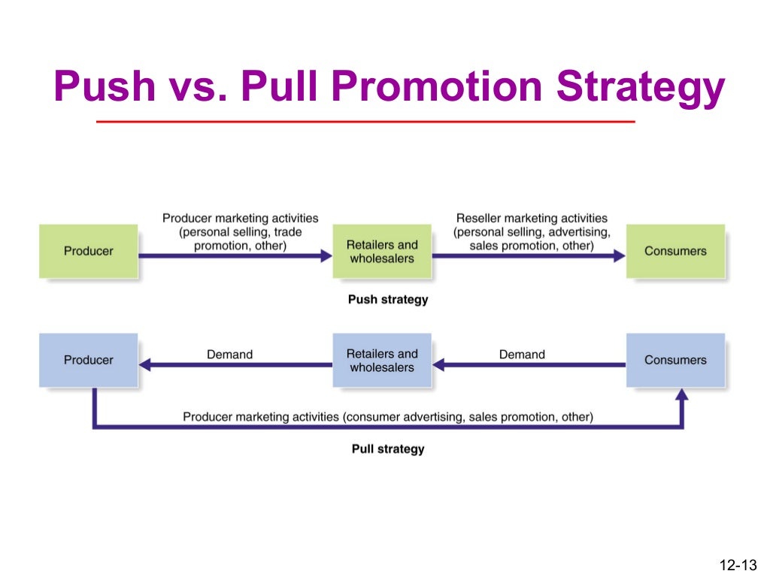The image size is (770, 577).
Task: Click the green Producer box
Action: [x=88, y=251]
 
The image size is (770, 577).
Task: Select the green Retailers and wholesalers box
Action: [x=381, y=251]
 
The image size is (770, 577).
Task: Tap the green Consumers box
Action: [x=675, y=251]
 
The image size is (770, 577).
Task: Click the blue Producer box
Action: [x=88, y=360]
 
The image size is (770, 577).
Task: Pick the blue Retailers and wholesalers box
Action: [x=381, y=360]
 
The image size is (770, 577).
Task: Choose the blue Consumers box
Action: [x=675, y=360]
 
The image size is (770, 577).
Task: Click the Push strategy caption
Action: [x=388, y=300]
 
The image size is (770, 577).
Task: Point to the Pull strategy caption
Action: [x=388, y=449]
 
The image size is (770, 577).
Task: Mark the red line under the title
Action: [x=366, y=122]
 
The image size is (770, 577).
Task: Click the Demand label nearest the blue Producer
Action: [x=229, y=354]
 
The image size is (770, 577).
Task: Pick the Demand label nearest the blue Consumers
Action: [x=522, y=354]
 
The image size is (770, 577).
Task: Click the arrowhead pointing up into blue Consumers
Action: [x=682, y=395]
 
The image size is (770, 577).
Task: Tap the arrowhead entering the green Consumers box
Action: [x=620, y=255]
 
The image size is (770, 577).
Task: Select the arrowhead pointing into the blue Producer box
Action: [x=145, y=365]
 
